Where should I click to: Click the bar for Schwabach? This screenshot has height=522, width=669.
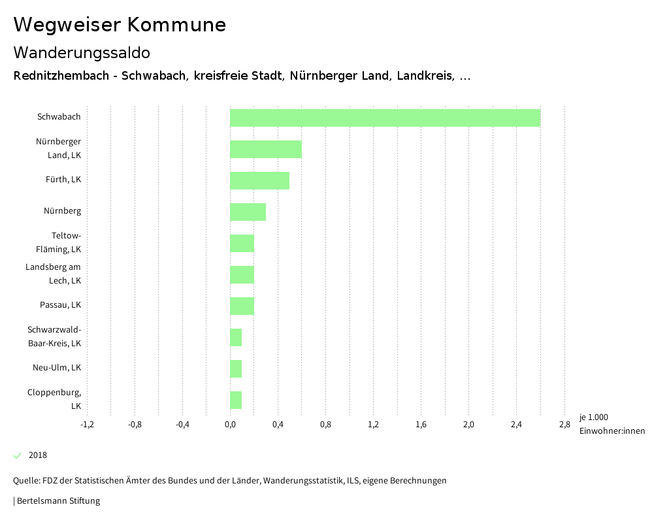click(385, 118)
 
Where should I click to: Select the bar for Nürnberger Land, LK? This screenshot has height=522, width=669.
click(265, 149)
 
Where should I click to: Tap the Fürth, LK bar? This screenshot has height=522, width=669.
click(259, 180)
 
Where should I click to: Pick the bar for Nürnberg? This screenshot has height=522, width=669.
click(248, 212)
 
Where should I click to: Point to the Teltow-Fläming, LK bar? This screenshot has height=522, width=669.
click(242, 243)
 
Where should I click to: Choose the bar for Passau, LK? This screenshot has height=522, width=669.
click(242, 306)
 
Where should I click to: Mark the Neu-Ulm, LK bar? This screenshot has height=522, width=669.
click(236, 368)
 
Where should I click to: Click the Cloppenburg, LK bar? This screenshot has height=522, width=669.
click(236, 400)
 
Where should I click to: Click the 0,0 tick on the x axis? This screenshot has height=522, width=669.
click(230, 425)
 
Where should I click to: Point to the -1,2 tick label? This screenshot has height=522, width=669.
click(87, 425)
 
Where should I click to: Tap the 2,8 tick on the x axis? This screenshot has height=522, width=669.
click(564, 425)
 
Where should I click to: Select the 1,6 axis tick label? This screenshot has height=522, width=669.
click(421, 425)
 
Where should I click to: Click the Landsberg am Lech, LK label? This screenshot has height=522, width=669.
click(54, 274)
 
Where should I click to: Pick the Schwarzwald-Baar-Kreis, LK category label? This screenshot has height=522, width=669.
click(54, 336)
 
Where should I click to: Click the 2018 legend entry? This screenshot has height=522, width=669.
click(38, 455)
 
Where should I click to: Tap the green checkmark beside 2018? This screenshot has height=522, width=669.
click(18, 455)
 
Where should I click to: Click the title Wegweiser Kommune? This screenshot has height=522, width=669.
click(120, 25)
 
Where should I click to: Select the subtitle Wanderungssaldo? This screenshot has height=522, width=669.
click(82, 52)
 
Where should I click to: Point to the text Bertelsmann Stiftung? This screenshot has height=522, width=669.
click(57, 501)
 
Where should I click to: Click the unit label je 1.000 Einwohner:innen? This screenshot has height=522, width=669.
click(612, 424)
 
